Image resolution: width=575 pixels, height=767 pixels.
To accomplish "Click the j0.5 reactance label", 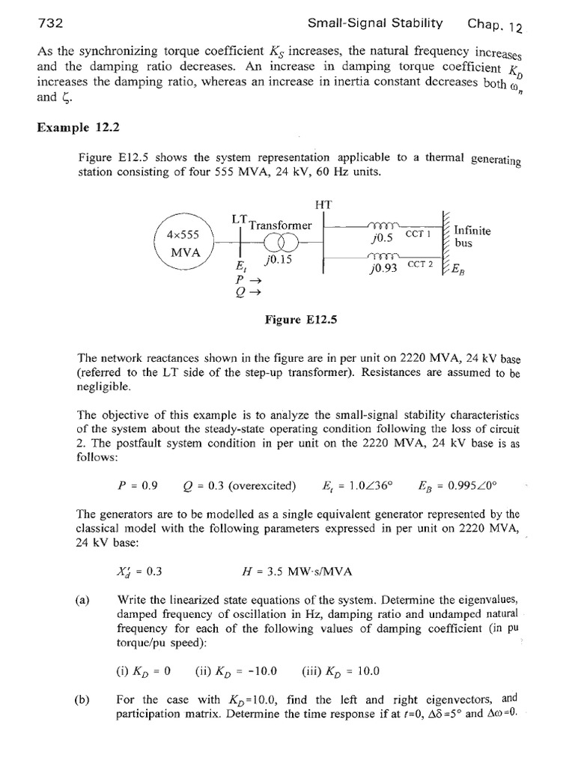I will tap(382, 239).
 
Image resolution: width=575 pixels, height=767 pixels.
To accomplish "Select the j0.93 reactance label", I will tap(383, 268).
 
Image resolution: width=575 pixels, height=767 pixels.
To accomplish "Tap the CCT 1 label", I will tap(419, 234).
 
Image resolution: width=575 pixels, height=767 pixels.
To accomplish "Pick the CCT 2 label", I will tap(421, 264).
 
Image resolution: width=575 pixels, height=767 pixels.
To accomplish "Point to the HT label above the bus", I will tap(324, 204).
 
